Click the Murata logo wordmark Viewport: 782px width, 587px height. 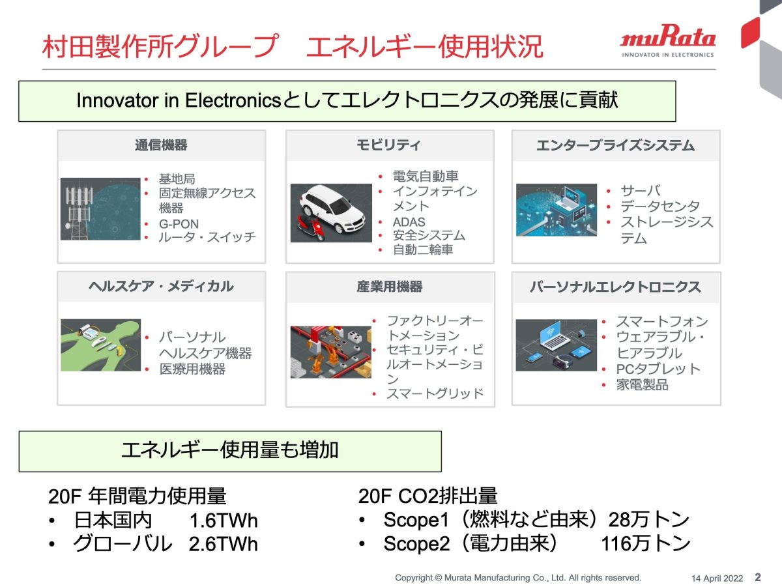[x=668, y=36]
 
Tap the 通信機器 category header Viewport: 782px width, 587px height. [x=161, y=145]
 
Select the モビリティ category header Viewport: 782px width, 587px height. [x=388, y=145]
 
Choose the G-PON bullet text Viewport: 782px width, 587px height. [x=179, y=224]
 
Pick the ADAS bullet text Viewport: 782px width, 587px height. [x=409, y=222]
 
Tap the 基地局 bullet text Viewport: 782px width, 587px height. [x=177, y=179]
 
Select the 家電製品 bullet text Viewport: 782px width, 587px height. [x=642, y=384]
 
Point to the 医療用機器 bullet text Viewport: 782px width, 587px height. [x=192, y=369]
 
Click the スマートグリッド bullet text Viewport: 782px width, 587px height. [x=435, y=394]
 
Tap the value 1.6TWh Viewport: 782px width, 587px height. [x=224, y=520]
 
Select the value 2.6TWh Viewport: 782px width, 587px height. [x=223, y=544]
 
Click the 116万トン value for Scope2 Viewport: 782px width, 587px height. [x=645, y=543]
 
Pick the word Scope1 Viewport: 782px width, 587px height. [x=416, y=520]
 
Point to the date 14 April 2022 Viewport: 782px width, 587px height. [x=717, y=578]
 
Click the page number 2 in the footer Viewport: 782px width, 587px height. [x=758, y=577]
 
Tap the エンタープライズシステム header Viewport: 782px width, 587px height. [x=615, y=145]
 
